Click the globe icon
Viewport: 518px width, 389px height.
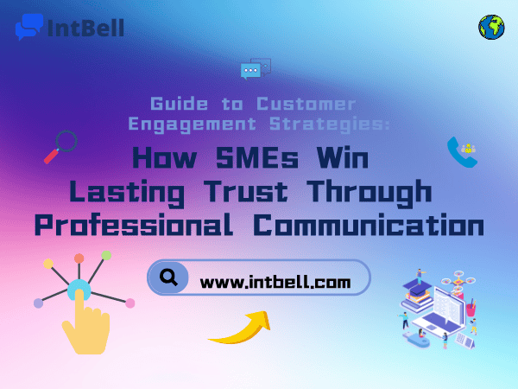[x=491, y=27]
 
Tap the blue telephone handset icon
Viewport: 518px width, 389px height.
[x=461, y=153]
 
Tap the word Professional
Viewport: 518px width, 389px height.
[x=136, y=225]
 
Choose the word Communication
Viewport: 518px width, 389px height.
[x=368, y=225]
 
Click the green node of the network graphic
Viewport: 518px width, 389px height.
[x=105, y=255]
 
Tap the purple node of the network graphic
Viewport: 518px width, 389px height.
[x=38, y=303]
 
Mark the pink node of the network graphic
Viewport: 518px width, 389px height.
[x=130, y=303]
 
